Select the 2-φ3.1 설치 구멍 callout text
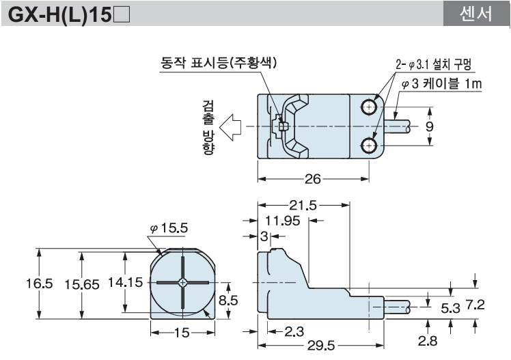[434, 66]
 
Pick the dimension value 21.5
[302, 204]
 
